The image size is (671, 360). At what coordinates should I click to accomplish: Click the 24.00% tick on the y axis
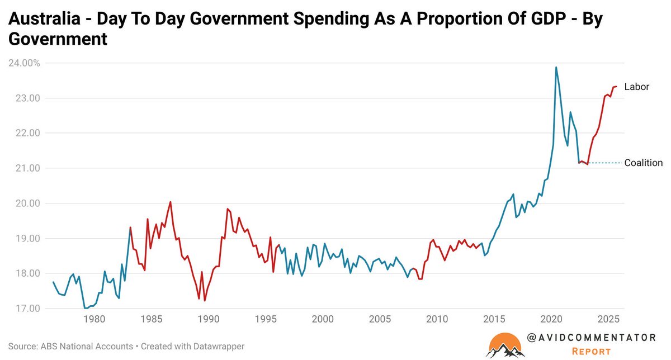23,63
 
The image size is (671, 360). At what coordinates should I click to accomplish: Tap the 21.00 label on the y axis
27,168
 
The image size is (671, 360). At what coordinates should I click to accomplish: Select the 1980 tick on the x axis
94,319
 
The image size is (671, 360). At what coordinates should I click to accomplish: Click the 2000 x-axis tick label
323,319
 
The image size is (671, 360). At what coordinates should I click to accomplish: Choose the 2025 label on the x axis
608,319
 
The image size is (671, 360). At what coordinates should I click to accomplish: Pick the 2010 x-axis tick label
437,319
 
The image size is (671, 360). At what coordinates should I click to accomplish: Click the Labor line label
637,87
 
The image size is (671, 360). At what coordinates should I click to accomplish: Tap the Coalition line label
643,163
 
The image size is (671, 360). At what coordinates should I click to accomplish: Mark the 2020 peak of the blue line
556,68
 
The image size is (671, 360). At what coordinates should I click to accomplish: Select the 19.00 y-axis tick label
27,239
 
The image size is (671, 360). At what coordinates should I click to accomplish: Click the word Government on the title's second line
57,40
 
